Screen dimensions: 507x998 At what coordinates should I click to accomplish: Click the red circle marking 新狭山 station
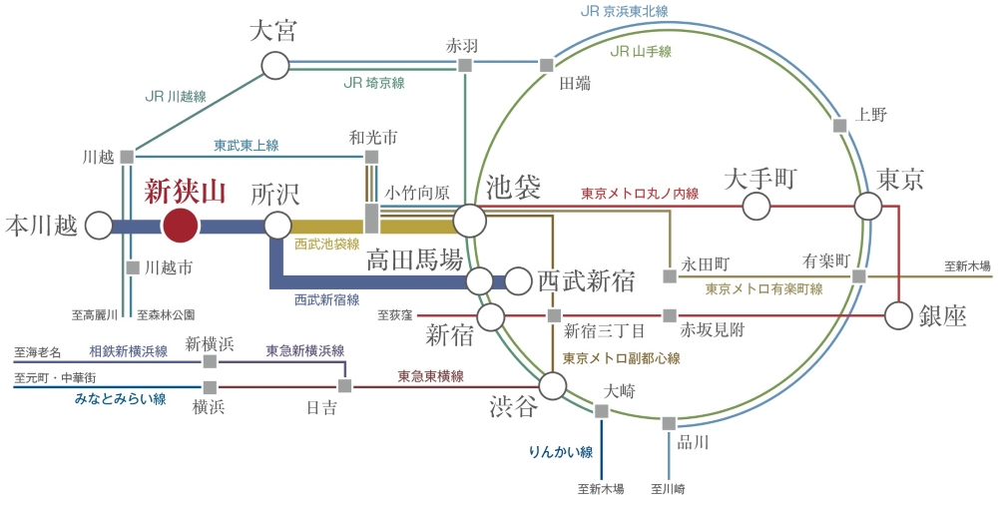click(180, 226)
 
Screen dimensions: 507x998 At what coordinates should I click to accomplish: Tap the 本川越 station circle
click(99, 226)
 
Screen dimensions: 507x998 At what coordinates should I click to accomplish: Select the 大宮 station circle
click(274, 66)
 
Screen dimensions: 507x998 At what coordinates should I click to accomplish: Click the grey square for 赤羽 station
click(464, 66)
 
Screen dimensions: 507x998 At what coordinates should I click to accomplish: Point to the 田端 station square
click(547, 66)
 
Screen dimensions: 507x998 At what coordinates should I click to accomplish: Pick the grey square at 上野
click(838, 126)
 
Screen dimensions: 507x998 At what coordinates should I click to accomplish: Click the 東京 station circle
click(868, 207)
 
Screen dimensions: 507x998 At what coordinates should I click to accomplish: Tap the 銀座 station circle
click(899, 315)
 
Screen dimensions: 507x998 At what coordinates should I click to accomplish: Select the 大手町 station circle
click(757, 207)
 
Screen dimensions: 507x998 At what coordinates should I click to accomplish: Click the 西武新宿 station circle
click(518, 281)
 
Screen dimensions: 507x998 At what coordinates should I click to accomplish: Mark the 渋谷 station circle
click(553, 385)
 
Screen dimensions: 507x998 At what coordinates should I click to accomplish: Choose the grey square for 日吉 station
click(344, 385)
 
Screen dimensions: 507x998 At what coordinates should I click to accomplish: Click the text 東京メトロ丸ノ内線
click(640, 194)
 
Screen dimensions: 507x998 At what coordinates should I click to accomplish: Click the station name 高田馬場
click(414, 261)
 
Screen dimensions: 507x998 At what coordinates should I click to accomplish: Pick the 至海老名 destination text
click(38, 352)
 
